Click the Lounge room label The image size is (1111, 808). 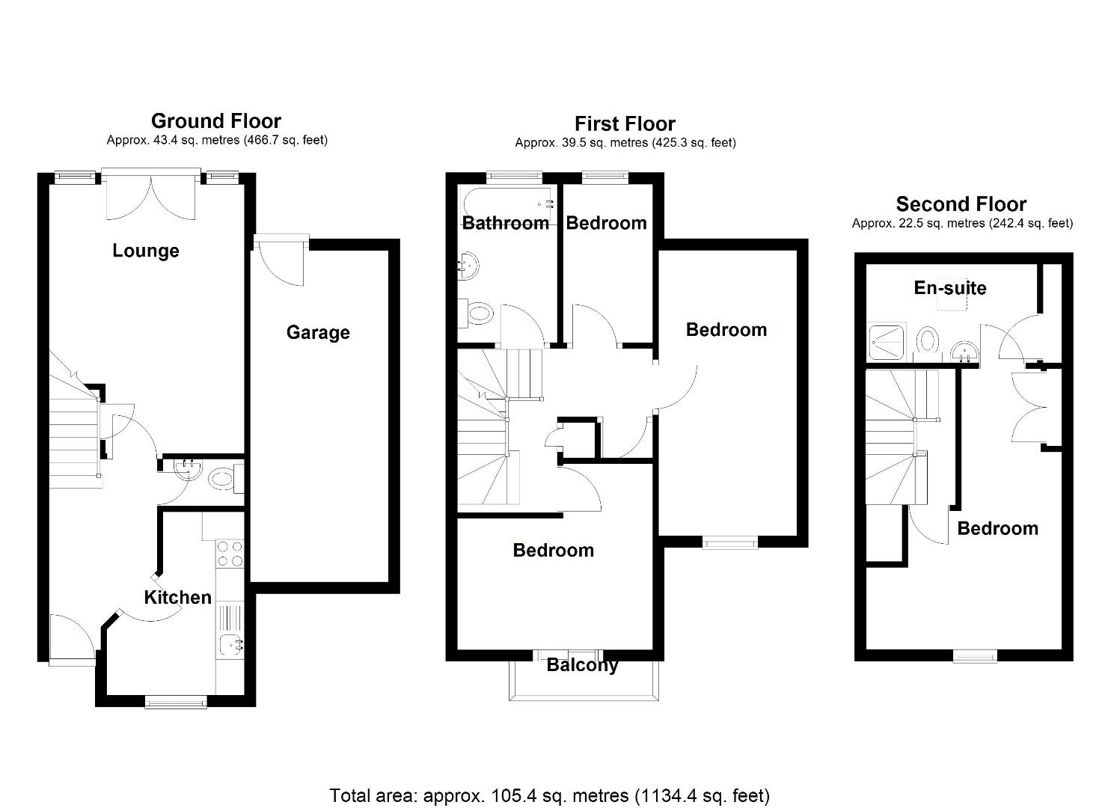click(146, 251)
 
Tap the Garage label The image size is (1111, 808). click(318, 332)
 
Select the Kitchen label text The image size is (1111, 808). click(177, 597)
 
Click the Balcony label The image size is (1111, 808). click(582, 665)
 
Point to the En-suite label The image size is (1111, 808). click(950, 288)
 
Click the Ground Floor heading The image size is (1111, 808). click(216, 121)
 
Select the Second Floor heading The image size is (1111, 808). click(961, 204)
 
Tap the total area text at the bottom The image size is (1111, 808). click(550, 795)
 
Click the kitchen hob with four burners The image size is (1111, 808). click(230, 554)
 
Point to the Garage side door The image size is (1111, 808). click(281, 258)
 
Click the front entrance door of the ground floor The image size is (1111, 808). click(72, 640)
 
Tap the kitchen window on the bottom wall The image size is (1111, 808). click(176, 701)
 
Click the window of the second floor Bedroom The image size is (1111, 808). click(975, 656)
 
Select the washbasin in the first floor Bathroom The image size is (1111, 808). click(469, 266)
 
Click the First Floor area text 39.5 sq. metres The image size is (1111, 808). click(625, 142)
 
